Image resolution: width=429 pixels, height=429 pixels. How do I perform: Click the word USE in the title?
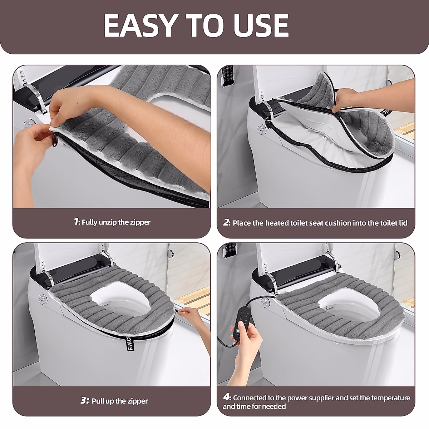(261, 26)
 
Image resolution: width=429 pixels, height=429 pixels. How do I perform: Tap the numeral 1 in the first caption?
(76, 222)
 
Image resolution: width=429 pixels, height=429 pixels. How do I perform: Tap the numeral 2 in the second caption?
(226, 222)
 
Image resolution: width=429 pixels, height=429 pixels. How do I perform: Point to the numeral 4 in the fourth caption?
(227, 398)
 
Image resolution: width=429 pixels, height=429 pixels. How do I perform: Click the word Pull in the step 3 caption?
(98, 401)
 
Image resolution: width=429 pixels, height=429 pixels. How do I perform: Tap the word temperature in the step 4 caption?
(390, 398)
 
